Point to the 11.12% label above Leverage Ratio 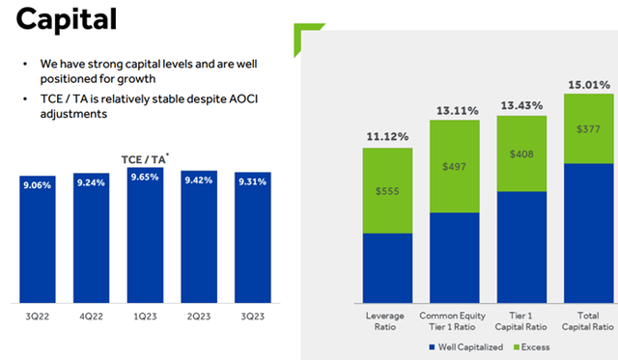[386, 137]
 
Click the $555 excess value [387, 191]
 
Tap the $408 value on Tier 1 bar [522, 152]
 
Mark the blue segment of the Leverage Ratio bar [387, 267]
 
